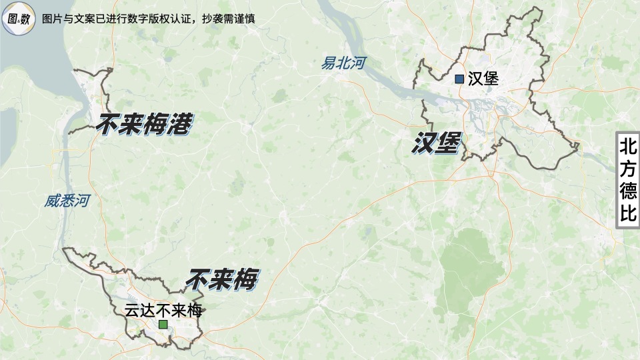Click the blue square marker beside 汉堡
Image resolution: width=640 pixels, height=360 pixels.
(459, 79)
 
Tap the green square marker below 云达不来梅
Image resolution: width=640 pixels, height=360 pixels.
(163, 325)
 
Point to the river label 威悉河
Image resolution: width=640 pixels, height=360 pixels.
(67, 201)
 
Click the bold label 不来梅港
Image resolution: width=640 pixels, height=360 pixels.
(144, 124)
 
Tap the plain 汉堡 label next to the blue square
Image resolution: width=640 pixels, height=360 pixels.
(483, 79)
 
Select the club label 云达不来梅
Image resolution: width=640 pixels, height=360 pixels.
(163, 311)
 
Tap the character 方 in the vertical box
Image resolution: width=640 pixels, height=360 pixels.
(628, 169)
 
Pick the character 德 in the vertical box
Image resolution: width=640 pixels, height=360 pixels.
(628, 192)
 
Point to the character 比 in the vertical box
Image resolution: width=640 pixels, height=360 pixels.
(628, 215)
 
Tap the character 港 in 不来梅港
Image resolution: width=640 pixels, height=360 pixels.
(178, 124)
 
